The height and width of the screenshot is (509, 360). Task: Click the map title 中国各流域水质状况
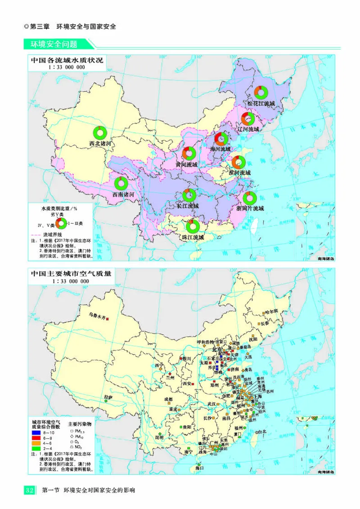click(67, 60)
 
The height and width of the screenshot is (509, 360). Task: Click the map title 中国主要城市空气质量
click(70, 273)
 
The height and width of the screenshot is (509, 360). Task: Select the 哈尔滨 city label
click(271, 311)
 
